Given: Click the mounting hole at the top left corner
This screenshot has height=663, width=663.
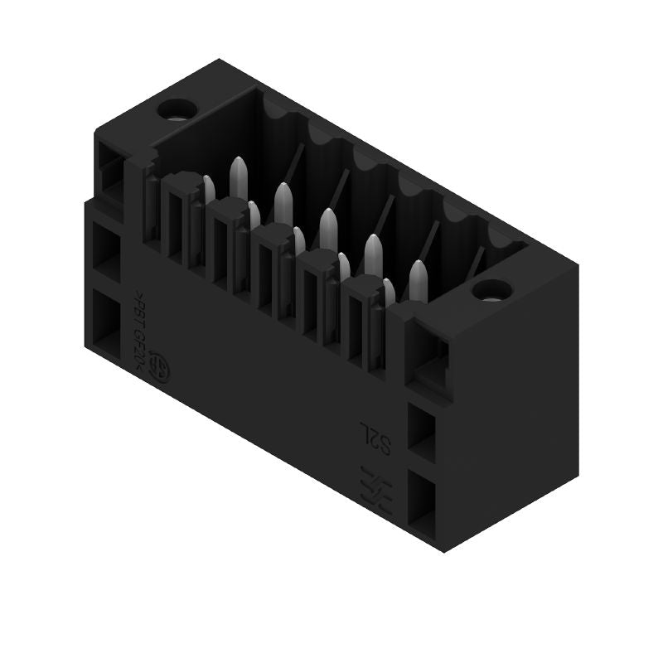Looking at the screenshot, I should click(177, 109).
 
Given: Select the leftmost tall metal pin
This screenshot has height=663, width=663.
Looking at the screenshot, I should click(238, 176).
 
